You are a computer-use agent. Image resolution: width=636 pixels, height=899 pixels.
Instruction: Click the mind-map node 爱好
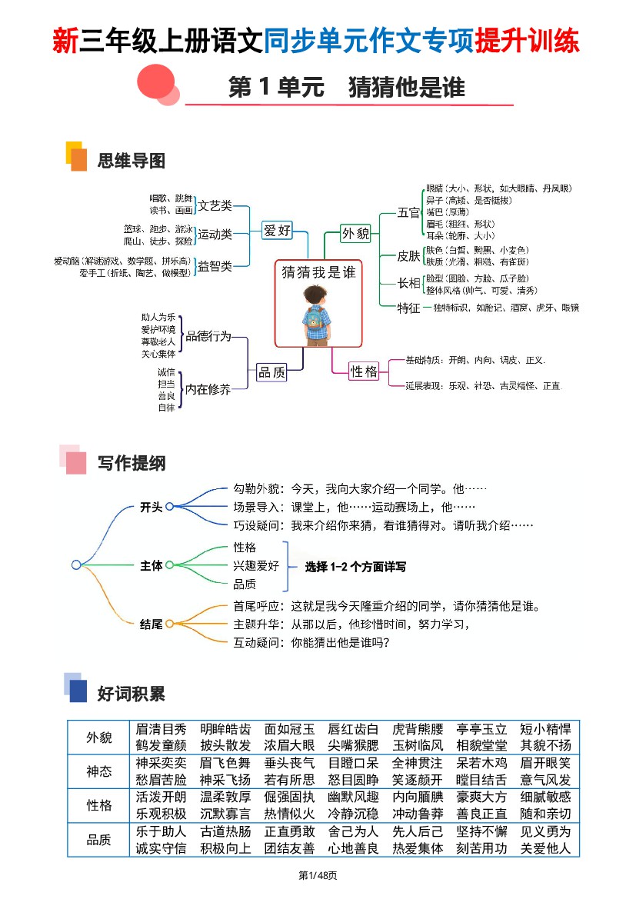(x=278, y=230)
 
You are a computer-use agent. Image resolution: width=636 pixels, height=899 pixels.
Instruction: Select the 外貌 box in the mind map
(x=355, y=233)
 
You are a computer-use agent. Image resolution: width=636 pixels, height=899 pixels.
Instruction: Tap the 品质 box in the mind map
(x=271, y=372)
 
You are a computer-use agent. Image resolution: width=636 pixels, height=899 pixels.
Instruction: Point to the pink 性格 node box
(x=364, y=371)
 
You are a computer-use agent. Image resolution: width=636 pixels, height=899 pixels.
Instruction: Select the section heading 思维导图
(x=132, y=161)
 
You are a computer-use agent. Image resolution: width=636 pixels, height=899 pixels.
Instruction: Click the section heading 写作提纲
(x=132, y=464)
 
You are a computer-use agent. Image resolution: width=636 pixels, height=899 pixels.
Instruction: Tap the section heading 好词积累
(x=132, y=694)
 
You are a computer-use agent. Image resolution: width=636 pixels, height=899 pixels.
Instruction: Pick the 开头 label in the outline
(x=151, y=507)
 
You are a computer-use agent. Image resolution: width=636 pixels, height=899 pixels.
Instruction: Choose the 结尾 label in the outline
(x=151, y=624)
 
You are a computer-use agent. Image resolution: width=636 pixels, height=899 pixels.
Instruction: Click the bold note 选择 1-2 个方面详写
(x=355, y=567)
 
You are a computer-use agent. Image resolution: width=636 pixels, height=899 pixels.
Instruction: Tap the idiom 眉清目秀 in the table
(x=161, y=729)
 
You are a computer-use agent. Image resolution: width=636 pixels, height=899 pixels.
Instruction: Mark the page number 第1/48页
(x=318, y=876)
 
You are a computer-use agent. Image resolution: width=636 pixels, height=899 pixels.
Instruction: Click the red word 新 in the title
(x=65, y=41)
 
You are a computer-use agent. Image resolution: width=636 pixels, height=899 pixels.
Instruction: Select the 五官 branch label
(x=408, y=213)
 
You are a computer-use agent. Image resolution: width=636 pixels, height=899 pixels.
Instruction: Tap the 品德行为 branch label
(x=208, y=337)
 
